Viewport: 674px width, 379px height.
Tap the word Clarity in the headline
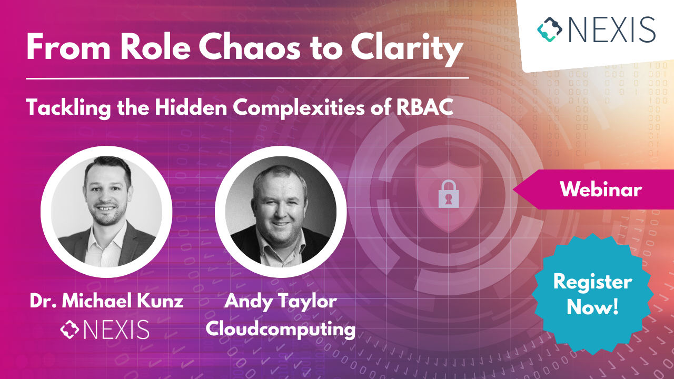coord(407,49)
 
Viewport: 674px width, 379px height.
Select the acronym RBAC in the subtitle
coord(424,107)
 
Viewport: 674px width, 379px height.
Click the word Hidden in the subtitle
coord(191,107)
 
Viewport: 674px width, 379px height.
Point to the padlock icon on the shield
coord(449,194)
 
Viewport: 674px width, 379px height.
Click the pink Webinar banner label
coord(601,189)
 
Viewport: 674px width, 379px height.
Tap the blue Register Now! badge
coord(592,294)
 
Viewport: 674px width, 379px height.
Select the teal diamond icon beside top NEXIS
coord(549,29)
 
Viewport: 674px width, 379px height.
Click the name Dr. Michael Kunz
coord(106,301)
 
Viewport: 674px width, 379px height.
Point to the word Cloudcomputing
coord(281,329)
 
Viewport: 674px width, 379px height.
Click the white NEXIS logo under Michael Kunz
coord(105,330)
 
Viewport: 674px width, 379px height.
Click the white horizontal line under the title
coord(247,78)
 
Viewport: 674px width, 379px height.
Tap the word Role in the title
coord(155,47)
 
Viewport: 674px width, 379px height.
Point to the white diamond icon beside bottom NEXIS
coord(70,330)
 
